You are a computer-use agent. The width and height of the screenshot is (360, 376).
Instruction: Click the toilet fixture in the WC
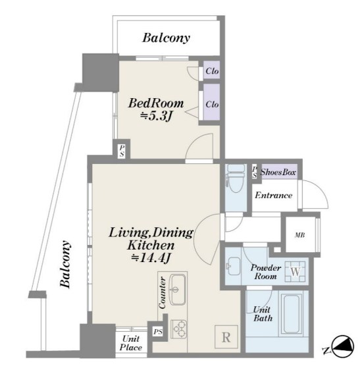(x=236, y=178)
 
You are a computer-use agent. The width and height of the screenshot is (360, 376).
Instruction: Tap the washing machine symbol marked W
(x=295, y=271)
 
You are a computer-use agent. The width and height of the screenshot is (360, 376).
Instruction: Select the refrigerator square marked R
(x=226, y=337)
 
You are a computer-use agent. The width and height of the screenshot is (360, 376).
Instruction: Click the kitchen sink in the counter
(x=177, y=290)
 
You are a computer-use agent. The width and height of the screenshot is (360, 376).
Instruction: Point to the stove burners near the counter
(x=178, y=329)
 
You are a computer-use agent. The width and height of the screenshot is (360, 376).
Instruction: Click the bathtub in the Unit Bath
(x=291, y=314)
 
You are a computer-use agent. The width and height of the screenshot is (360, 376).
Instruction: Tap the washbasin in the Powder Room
(x=234, y=266)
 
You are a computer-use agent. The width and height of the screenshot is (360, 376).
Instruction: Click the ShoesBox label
(x=278, y=172)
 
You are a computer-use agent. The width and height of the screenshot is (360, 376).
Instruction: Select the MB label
(x=299, y=235)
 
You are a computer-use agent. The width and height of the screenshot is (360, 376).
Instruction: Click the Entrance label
(x=274, y=195)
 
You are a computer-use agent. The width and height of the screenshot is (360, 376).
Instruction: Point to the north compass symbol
(x=343, y=346)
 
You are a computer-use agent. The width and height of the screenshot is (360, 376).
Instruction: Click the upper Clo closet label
(x=212, y=70)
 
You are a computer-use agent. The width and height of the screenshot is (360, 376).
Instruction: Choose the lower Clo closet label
(x=212, y=104)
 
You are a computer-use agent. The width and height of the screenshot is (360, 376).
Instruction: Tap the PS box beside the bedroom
(x=122, y=151)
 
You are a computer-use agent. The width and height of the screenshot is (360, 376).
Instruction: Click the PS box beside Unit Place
(x=158, y=332)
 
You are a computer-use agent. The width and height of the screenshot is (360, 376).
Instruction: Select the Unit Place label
(x=131, y=343)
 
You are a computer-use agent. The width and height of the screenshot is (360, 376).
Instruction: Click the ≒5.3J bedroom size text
(x=156, y=117)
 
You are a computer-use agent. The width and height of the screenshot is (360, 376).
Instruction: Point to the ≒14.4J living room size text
(x=151, y=257)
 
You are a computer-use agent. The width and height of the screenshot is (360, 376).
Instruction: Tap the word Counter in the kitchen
(x=162, y=292)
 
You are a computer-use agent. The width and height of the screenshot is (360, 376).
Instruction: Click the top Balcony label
(x=166, y=38)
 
